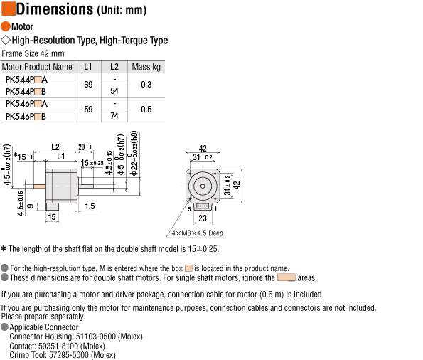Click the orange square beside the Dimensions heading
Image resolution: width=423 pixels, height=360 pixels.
(x=9, y=9)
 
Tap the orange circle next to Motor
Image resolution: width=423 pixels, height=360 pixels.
(x=6, y=26)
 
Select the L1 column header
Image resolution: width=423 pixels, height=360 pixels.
(x=88, y=67)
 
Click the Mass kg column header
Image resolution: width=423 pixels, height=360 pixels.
(x=146, y=67)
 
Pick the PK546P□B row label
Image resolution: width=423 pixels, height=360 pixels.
(x=26, y=117)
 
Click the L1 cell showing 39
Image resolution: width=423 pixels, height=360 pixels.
(x=88, y=85)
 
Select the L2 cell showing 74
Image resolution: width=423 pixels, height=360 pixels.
(x=114, y=116)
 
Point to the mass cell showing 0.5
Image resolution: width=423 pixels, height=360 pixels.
(x=146, y=110)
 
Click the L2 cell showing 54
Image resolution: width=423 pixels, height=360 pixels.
(x=114, y=91)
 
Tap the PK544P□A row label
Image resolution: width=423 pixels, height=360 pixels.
(x=26, y=80)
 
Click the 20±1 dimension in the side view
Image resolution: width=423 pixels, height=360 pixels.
(x=85, y=147)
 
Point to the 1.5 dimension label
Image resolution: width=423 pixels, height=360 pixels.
(x=90, y=206)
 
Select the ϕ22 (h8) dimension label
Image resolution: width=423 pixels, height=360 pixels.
(x=134, y=153)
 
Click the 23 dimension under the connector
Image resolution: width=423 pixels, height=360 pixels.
(x=203, y=218)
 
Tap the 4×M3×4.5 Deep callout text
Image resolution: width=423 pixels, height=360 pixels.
(x=197, y=233)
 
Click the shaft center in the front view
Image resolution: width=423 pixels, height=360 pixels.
(x=203, y=186)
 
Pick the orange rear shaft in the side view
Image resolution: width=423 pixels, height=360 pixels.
(x=39, y=186)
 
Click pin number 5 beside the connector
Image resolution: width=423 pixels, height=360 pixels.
(x=189, y=209)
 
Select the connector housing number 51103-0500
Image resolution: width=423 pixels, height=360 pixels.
(x=96, y=337)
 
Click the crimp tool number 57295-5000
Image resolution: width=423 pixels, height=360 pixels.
(x=68, y=355)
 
